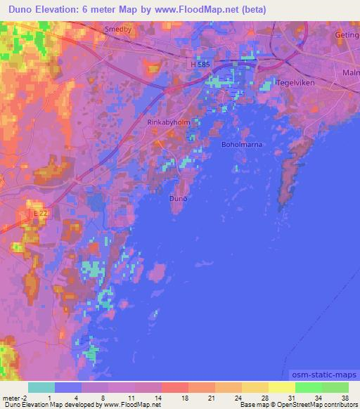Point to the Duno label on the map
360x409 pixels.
click(x=179, y=199)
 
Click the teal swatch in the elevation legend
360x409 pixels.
click(x=41, y=387)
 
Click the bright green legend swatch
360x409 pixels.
click(x=309, y=387)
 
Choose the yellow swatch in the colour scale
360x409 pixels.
click(x=281, y=387)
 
